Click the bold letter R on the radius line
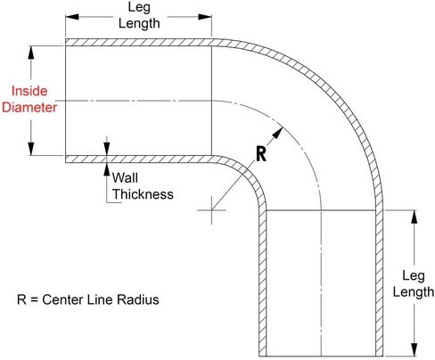[x=261, y=154]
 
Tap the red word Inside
[x=29, y=91]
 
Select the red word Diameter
[x=29, y=107]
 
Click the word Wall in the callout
[x=125, y=178]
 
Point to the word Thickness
[x=143, y=194]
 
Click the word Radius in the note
[x=138, y=299]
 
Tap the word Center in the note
[x=63, y=299]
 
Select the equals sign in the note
[x=34, y=300]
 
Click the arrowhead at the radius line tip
[x=277, y=133]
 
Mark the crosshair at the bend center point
[x=211, y=210]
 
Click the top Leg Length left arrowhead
[x=72, y=17]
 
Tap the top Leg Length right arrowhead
[x=205, y=17]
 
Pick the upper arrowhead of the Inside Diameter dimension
[x=31, y=53]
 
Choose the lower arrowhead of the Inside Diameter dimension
[x=31, y=149]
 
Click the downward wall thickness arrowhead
[x=107, y=149]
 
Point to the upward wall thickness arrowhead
[x=107, y=169]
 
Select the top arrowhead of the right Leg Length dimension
[x=414, y=217]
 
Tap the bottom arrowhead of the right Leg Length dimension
[x=414, y=349]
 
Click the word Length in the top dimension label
[x=139, y=23]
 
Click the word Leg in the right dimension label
[x=414, y=276]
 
